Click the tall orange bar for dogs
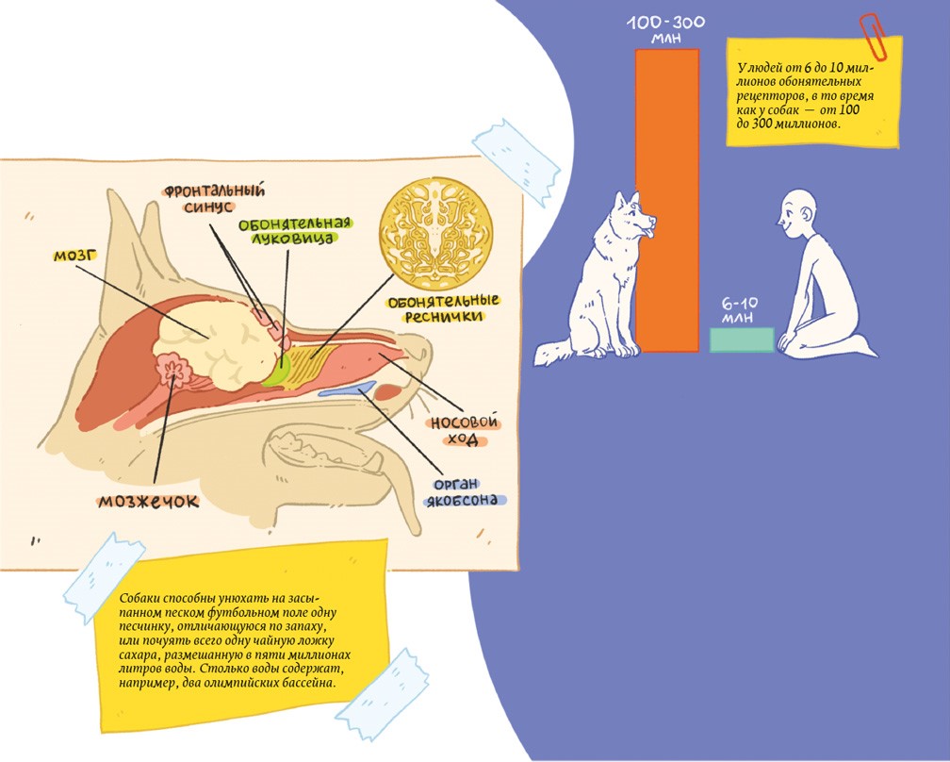[x=667, y=198]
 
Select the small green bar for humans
[x=742, y=340]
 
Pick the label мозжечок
[x=149, y=502]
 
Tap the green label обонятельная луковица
[x=288, y=232]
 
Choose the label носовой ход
[x=464, y=432]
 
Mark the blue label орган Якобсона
[x=463, y=491]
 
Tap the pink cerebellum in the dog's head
[x=174, y=370]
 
